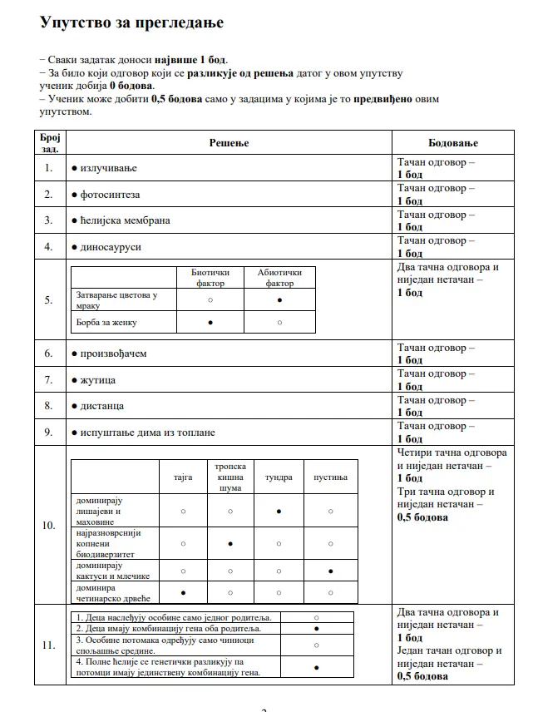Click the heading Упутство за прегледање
click(131, 23)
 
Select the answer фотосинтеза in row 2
click(111, 195)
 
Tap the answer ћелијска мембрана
click(126, 220)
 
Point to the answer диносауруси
click(111, 247)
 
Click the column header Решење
click(227, 142)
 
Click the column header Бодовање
click(453, 142)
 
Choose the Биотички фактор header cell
click(210, 278)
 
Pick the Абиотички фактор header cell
click(279, 278)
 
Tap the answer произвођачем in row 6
click(114, 354)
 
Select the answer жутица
click(98, 380)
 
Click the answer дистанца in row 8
click(103, 406)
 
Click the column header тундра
click(279, 477)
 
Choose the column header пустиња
click(330, 477)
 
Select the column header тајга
click(183, 477)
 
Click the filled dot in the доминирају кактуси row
click(331, 571)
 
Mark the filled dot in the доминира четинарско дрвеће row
click(183, 592)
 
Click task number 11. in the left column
click(49, 645)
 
